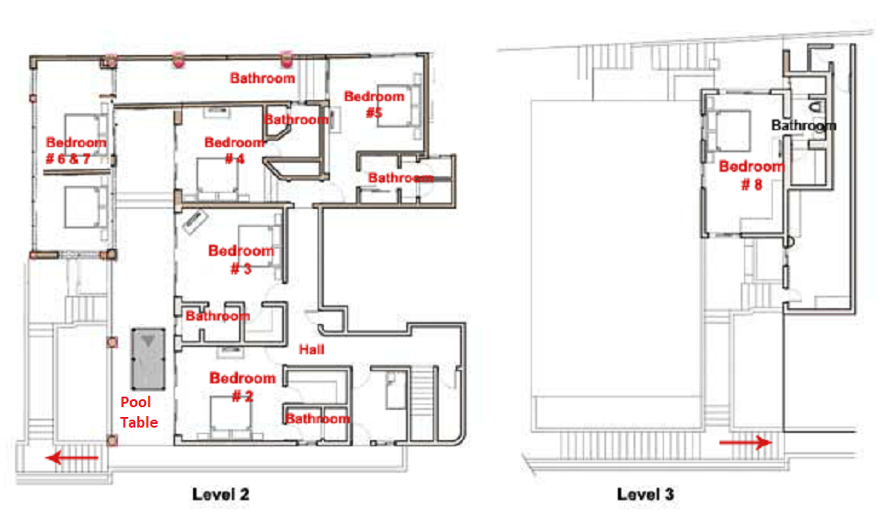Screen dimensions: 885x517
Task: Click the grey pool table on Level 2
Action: click(x=149, y=359)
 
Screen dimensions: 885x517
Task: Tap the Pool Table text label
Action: click(x=139, y=412)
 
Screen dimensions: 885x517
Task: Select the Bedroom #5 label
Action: click(x=374, y=104)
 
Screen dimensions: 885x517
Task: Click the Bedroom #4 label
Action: click(x=235, y=150)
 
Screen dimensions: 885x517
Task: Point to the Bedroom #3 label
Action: click(x=241, y=259)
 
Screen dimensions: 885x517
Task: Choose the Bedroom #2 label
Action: click(x=242, y=387)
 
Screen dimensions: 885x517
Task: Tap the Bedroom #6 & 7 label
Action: click(x=75, y=150)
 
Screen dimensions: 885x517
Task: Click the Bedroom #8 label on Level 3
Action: click(x=751, y=175)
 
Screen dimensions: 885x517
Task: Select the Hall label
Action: click(x=312, y=350)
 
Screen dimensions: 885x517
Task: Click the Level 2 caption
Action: click(x=220, y=494)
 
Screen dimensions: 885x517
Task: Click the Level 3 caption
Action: click(x=645, y=494)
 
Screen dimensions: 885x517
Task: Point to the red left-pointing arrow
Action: click(x=73, y=457)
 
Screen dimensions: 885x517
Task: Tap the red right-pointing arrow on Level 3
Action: click(x=745, y=443)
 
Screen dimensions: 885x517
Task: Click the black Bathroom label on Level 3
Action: click(x=804, y=125)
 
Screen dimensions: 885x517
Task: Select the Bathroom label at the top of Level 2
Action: click(x=263, y=78)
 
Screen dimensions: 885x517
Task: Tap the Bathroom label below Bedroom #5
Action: click(x=401, y=178)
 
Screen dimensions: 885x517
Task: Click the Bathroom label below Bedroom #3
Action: click(x=218, y=315)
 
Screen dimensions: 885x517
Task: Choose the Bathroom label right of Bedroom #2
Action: click(x=317, y=418)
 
